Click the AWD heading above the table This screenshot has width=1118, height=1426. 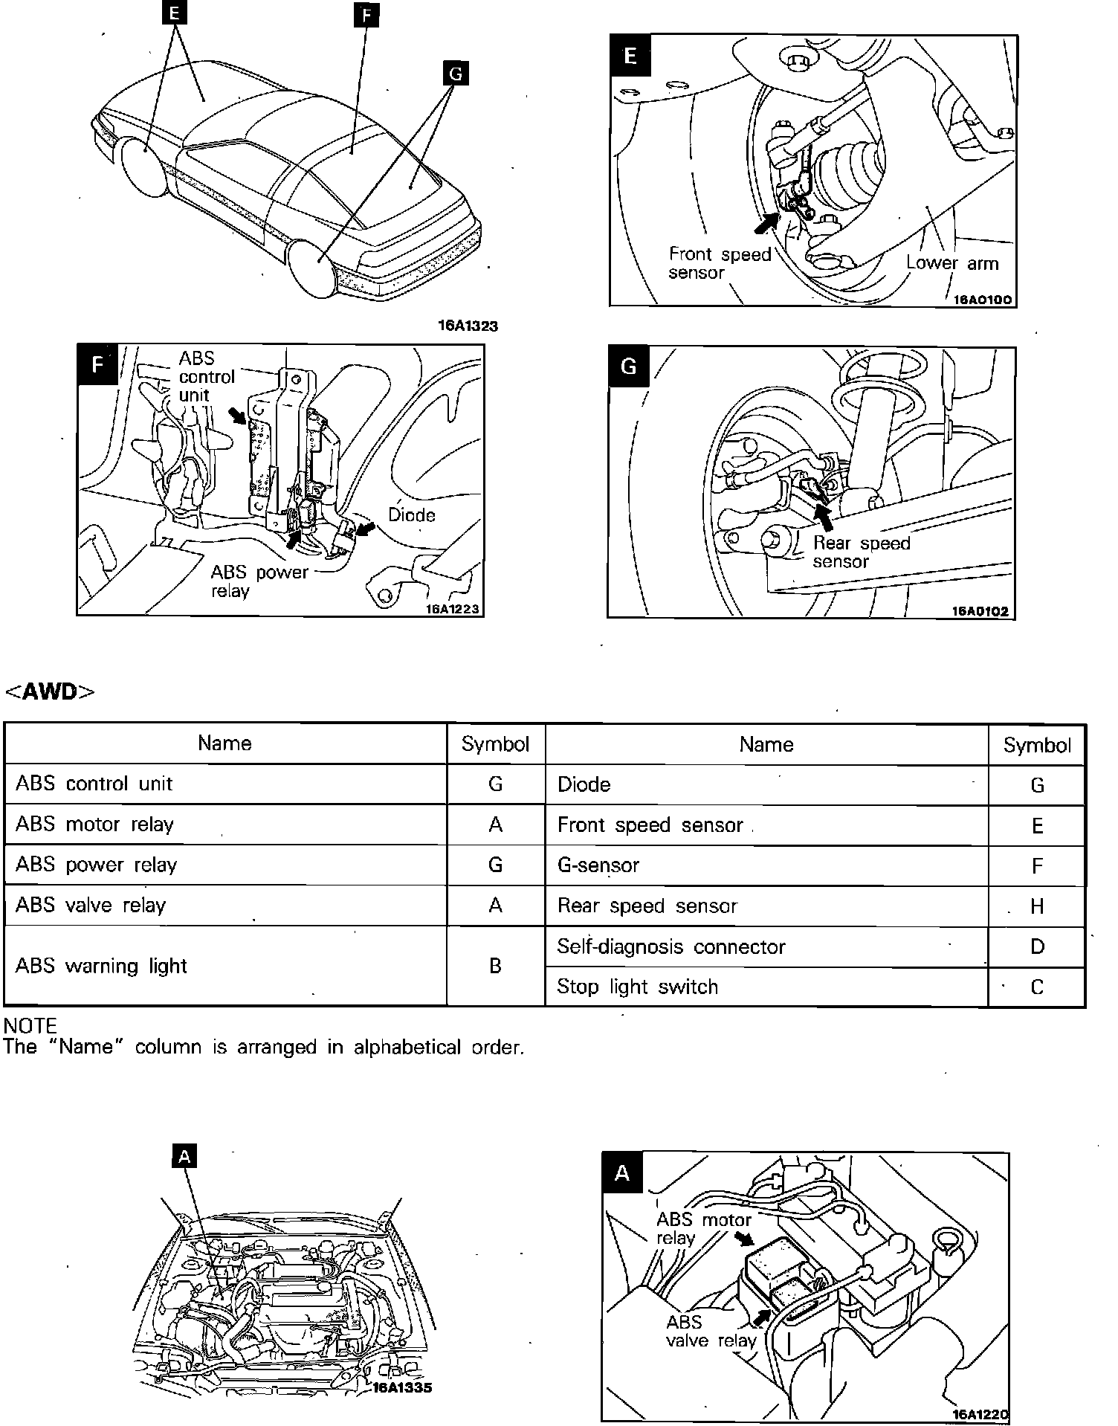50,691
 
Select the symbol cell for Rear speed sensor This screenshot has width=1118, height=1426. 1037,906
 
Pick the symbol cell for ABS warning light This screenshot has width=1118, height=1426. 495,966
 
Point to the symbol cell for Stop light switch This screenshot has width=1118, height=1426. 1037,987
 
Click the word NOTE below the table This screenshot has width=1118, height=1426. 30,1026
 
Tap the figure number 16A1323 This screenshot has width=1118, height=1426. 468,326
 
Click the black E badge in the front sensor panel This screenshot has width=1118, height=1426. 630,57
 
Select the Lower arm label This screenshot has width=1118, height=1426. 952,263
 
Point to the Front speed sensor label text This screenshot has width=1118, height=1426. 719,264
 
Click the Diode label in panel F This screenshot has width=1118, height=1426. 412,514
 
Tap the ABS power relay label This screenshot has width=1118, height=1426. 259,581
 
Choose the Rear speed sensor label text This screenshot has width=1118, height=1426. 861,552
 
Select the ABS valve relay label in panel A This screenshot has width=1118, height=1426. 710,1331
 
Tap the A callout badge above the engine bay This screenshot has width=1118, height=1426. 185,1156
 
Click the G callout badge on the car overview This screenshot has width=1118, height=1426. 456,74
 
